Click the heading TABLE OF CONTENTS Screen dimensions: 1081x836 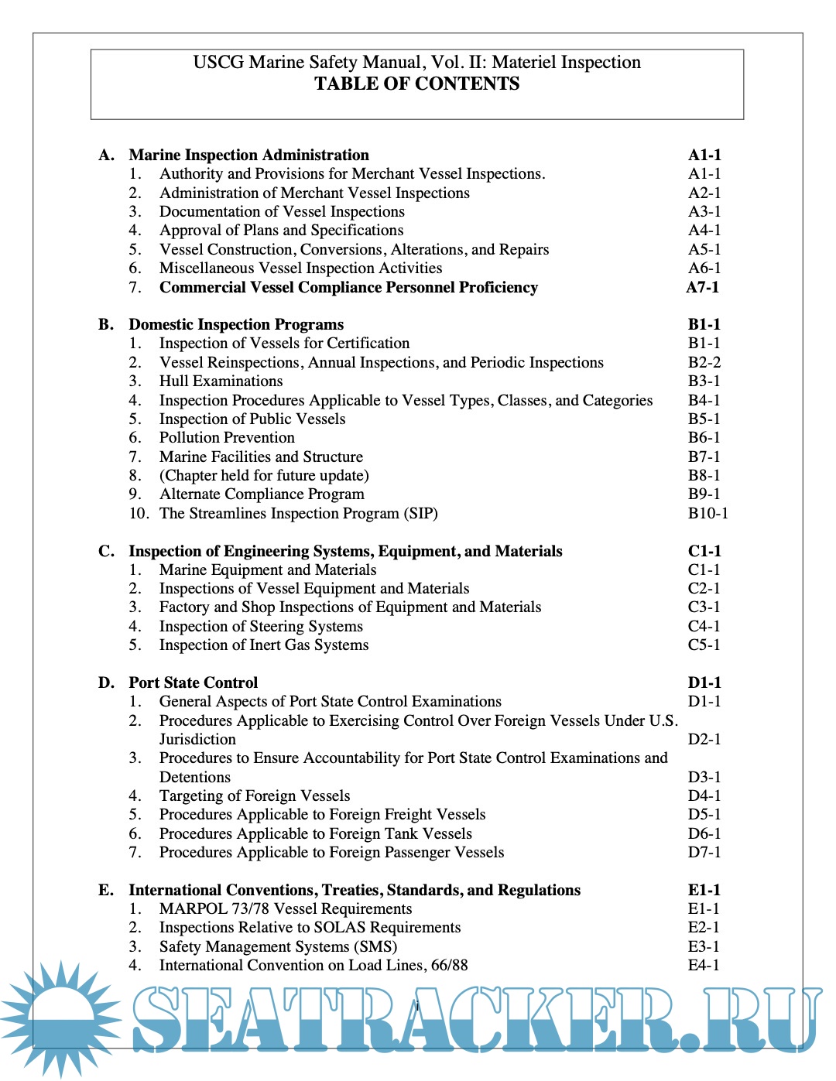[x=416, y=84]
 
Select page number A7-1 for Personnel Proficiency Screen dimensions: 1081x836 [x=703, y=287]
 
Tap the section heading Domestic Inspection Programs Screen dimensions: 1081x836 [x=236, y=324]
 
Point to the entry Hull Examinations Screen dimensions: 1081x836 [x=221, y=381]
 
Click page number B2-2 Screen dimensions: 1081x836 [x=704, y=362]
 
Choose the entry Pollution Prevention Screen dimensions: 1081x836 [x=227, y=437]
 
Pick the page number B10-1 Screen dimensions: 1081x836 [x=708, y=513]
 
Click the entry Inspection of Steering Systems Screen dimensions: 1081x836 [x=261, y=626]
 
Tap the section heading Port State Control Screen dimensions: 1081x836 [x=194, y=682]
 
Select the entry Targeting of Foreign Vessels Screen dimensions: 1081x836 [x=255, y=795]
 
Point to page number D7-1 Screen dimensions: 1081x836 [x=704, y=852]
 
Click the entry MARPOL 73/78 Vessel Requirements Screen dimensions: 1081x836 [x=286, y=908]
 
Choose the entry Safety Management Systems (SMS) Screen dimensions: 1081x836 [x=278, y=946]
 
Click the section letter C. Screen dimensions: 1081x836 [x=106, y=551]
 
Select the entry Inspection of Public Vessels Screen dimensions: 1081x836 [x=252, y=419]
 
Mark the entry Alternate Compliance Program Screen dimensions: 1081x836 [x=262, y=494]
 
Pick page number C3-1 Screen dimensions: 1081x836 [x=704, y=607]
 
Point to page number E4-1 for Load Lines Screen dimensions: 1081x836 [x=704, y=965]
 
